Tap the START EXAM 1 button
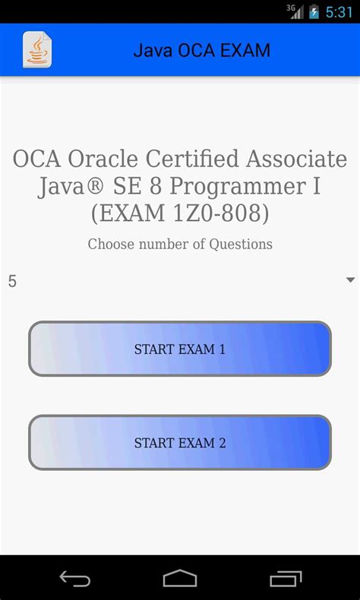180,349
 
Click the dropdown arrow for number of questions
350,280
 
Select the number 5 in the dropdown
12,281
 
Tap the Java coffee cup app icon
36,50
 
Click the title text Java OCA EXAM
201,51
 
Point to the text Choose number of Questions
180,244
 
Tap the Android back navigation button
74,579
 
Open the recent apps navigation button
286,579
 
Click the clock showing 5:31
339,12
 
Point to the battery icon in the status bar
314,12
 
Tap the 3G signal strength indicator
295,11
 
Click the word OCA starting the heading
37,159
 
